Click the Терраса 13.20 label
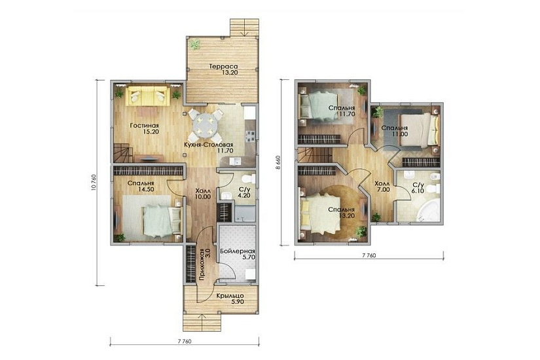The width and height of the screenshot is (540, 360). pos(225,69)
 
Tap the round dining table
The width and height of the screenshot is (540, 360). pos(206,123)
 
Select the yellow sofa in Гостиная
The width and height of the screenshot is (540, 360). pos(147,96)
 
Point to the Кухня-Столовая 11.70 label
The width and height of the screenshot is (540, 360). pos(208,147)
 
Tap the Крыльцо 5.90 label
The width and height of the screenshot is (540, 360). pos(230,298)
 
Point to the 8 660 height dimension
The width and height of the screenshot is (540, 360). pos(278,162)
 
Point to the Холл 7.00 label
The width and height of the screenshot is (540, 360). pos(383,187)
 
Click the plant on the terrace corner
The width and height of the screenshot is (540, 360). pos(195,44)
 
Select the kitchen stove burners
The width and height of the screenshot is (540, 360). pos(251,136)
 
